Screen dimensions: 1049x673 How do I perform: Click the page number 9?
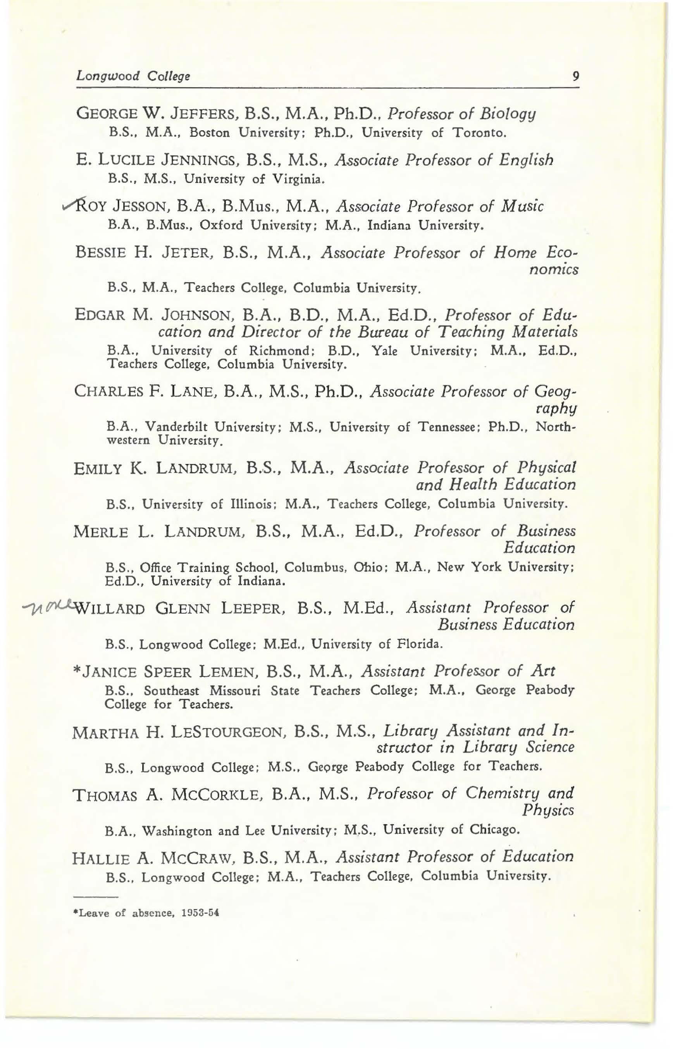pyautogui.click(x=575, y=76)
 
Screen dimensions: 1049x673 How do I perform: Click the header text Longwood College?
pyautogui.click(x=133, y=76)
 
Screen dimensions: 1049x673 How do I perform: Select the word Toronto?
pyautogui.click(x=479, y=132)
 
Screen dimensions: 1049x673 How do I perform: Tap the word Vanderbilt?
pyautogui.click(x=177, y=426)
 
